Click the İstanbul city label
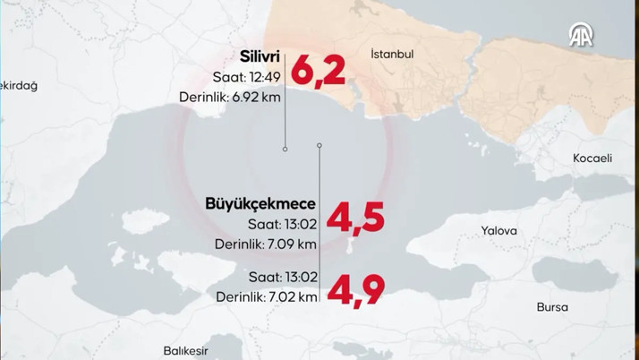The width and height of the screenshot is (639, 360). (392, 55)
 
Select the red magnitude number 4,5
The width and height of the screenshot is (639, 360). (355, 219)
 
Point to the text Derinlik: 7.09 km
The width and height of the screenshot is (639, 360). (265, 243)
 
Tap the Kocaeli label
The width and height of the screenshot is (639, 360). (592, 159)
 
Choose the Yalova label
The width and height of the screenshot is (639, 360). (499, 230)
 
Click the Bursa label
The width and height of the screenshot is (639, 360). (552, 307)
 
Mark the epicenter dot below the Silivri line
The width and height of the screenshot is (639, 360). (285, 150)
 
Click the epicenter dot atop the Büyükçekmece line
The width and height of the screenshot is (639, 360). (319, 145)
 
